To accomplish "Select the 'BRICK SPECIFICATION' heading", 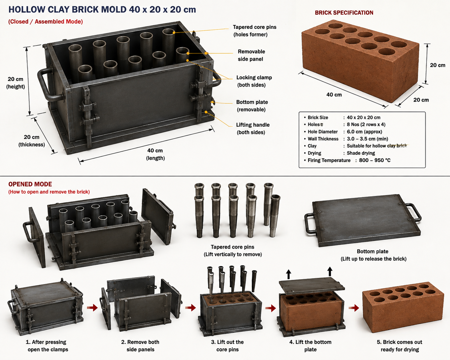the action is (x=344, y=13).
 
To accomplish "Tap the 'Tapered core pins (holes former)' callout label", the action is (x=255, y=31).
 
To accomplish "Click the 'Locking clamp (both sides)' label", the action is (x=254, y=81).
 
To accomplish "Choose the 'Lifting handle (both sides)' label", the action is (x=253, y=129).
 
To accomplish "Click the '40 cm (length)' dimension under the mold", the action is (x=155, y=154).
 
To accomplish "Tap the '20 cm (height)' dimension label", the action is (x=15, y=83).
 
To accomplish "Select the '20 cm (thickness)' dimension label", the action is (x=31, y=141).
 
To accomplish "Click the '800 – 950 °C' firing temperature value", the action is (x=375, y=160).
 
